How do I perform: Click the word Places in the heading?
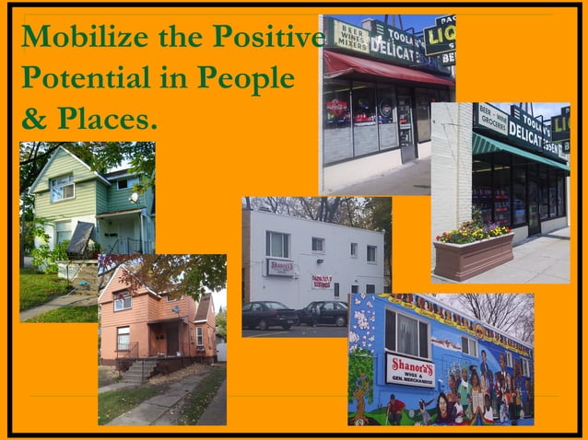click(107, 120)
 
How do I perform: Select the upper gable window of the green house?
click(62, 188)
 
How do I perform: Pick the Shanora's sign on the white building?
click(280, 267)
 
